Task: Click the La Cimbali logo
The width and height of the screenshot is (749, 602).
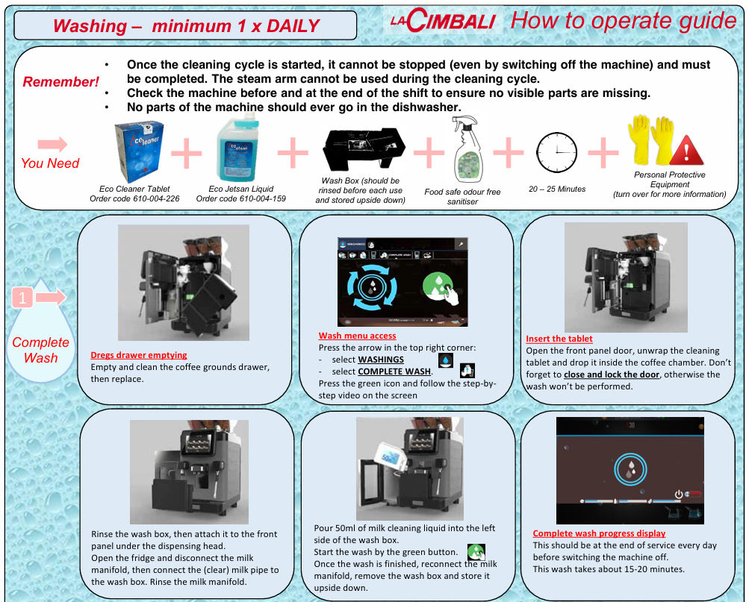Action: point(441,20)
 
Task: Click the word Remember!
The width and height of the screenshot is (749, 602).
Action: point(61,82)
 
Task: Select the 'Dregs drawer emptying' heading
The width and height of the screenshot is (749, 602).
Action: point(139,355)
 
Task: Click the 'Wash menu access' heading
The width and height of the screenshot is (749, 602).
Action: point(357,336)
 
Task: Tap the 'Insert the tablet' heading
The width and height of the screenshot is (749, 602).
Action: point(559,339)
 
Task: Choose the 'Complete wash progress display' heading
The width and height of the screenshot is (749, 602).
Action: point(599,533)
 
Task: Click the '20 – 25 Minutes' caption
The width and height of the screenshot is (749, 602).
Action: point(557,189)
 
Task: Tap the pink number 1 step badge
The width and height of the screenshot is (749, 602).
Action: point(23,298)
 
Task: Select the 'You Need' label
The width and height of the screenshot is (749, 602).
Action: point(50,163)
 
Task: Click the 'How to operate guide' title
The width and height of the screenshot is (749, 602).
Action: point(623,20)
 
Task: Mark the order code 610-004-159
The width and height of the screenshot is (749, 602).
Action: point(259,198)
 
